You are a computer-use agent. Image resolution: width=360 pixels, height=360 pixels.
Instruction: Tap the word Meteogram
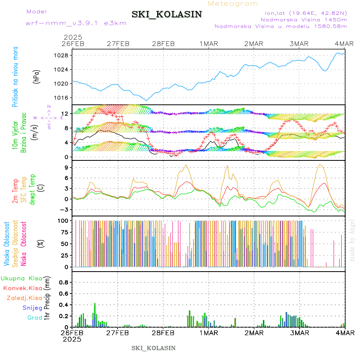[233, 4]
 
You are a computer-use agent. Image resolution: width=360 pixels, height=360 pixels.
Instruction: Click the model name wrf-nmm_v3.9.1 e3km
[76, 23]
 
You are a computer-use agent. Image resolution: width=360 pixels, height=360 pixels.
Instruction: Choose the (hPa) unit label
[37, 76]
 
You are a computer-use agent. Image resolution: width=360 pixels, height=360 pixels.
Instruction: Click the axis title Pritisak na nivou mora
[16, 77]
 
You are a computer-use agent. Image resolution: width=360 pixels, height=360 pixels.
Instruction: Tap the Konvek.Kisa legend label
[23, 288]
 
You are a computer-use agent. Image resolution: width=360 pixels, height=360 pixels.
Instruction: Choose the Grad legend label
[35, 318]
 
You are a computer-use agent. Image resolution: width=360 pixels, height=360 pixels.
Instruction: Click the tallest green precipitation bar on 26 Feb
[95, 315]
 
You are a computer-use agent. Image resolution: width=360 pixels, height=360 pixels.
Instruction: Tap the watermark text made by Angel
[352, 240]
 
